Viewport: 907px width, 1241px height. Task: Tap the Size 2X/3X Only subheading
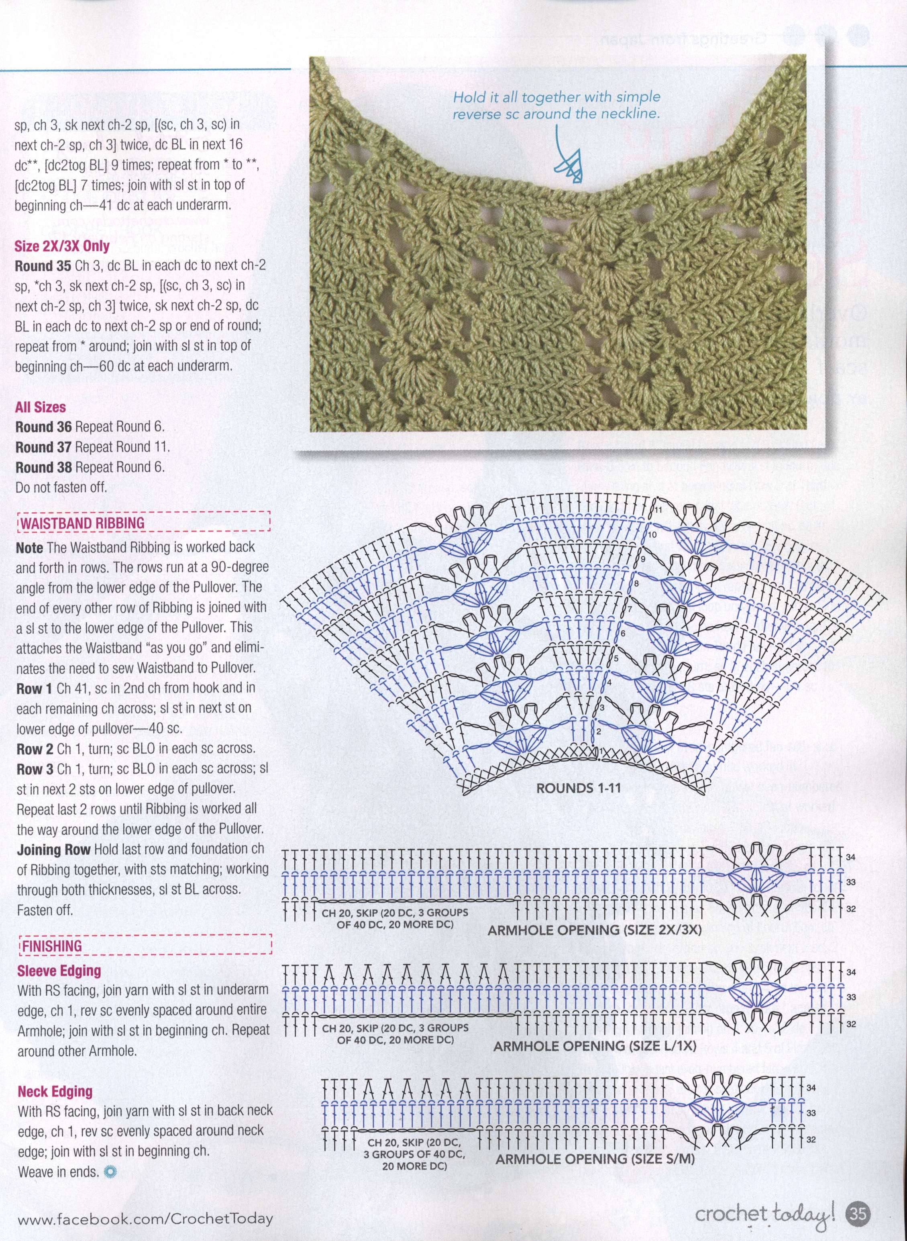tap(62, 245)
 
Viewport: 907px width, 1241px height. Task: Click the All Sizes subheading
tap(41, 407)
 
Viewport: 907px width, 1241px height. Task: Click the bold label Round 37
tap(43, 447)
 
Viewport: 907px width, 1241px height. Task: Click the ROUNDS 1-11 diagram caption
tap(578, 788)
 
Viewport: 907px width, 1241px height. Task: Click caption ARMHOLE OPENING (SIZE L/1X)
tap(595, 1046)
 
